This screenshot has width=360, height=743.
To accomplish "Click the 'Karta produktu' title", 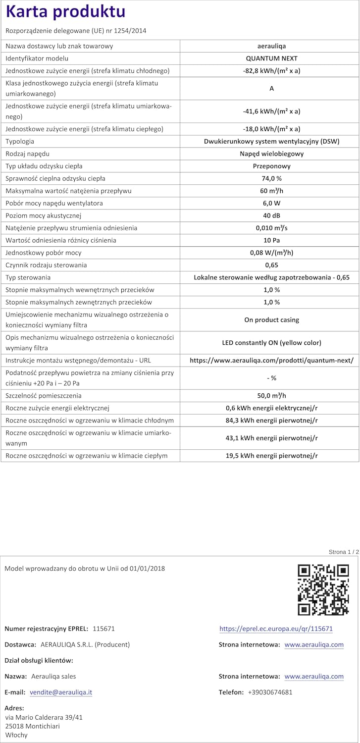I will click(x=65, y=12).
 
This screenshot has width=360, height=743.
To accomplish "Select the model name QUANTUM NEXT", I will click(x=271, y=58).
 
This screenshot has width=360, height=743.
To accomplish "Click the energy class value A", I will click(x=271, y=89).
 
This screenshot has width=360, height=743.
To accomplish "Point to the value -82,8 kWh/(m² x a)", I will click(x=271, y=71).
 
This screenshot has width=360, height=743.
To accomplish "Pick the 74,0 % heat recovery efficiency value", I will click(x=271, y=178).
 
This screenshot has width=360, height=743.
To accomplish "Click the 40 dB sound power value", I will click(x=271, y=215).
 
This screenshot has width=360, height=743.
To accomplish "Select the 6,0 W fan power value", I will click(x=271, y=203).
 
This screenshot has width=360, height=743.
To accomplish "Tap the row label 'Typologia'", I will click(x=20, y=141).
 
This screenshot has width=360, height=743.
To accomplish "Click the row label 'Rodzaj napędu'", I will click(x=27, y=154).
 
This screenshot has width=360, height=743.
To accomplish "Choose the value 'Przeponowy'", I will click(x=271, y=166).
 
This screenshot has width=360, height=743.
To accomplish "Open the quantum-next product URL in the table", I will click(x=271, y=361).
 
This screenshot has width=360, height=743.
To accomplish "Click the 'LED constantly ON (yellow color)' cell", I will click(x=271, y=342).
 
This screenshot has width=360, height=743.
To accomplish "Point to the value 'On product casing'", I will click(x=271, y=319).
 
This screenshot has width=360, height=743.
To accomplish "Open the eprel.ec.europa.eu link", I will click(x=276, y=629).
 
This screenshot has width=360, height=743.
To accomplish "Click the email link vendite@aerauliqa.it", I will click(x=61, y=692).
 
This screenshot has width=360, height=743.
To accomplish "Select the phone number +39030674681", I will click(x=270, y=692).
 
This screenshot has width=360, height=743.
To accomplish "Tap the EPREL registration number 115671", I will click(x=103, y=629).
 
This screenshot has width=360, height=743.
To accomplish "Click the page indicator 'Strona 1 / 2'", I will click(x=344, y=552).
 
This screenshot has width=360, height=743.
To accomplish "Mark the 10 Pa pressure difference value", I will click(x=271, y=240).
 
